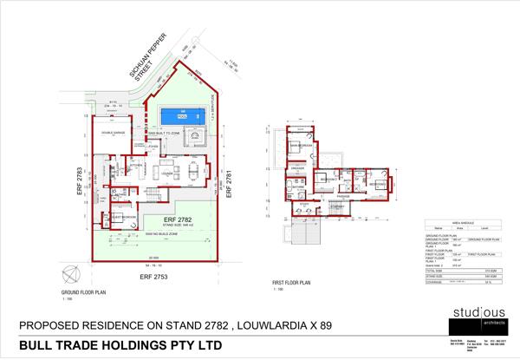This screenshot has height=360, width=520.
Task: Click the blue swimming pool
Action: click(x=181, y=115)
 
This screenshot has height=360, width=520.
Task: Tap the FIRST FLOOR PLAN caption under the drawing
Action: click(x=291, y=283)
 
